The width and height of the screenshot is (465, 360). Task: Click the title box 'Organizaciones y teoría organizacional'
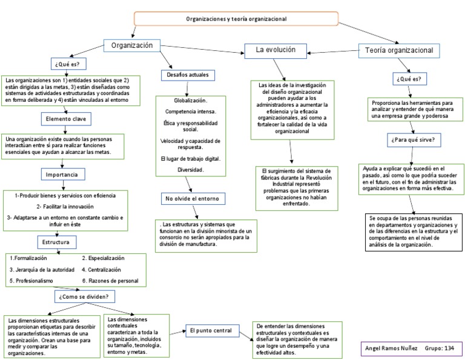coord(236,19)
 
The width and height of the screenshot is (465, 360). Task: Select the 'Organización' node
coord(136,46)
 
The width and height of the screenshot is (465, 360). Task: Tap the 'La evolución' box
coord(275,50)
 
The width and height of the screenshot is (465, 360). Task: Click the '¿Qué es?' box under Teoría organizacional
coord(409,79)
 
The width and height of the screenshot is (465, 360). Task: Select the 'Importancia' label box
coord(62,175)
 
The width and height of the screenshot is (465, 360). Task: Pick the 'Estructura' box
coord(56,242)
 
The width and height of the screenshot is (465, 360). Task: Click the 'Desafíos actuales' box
coord(187,75)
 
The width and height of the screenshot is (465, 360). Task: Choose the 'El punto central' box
coord(210,330)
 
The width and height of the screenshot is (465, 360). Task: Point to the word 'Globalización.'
coord(190,101)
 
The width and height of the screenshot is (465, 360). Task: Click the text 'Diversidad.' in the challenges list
coord(190,170)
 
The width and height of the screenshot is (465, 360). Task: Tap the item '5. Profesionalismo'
coord(31,281)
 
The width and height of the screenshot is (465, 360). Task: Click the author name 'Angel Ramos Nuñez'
coord(392,348)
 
